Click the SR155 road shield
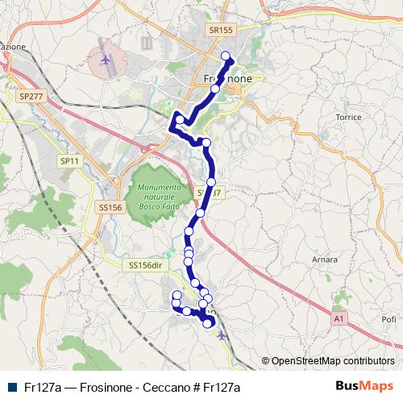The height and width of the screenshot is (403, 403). [219, 29]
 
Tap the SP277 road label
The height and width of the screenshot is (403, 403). [30, 96]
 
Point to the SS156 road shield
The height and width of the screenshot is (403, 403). [109, 207]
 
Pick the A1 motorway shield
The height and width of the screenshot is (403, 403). [340, 320]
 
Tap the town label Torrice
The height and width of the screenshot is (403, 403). [348, 117]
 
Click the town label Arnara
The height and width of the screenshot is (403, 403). [324, 260]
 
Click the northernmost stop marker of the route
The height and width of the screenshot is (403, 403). [226, 56]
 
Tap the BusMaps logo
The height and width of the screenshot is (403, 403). [364, 386]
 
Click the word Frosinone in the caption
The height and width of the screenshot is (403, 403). [101, 387]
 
